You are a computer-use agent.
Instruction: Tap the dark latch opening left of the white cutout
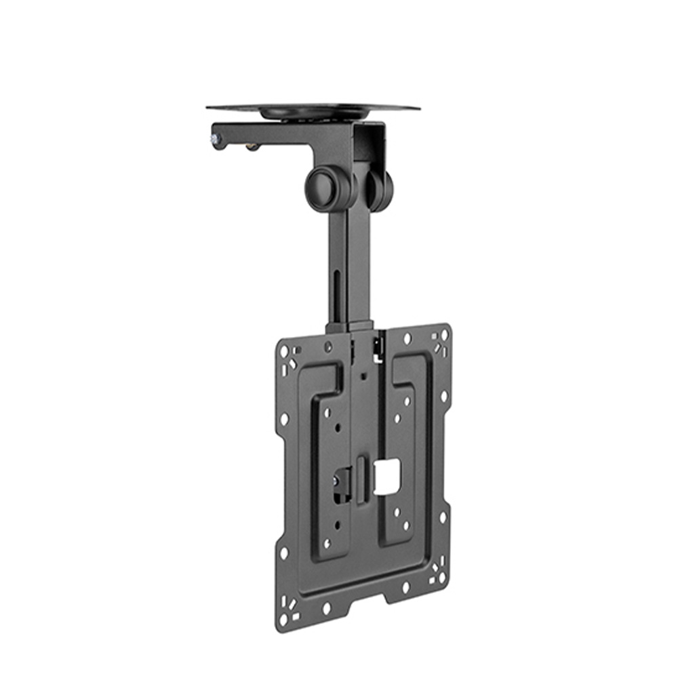point(342,483)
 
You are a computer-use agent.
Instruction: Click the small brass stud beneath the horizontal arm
point(252,146)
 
